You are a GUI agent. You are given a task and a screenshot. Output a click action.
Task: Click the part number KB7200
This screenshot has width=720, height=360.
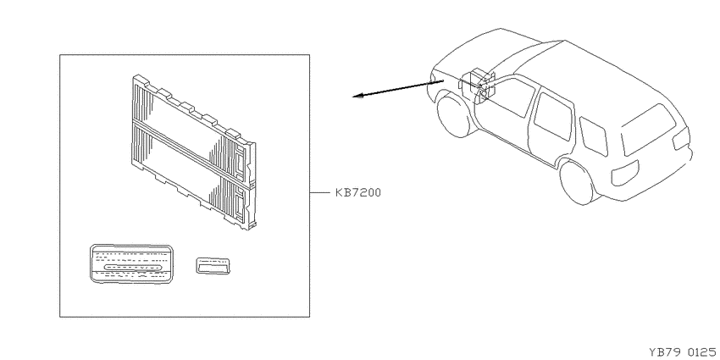358,193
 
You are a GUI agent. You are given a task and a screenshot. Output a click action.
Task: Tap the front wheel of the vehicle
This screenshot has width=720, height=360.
454,115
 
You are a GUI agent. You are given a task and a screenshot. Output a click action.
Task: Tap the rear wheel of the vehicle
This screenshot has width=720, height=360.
577,181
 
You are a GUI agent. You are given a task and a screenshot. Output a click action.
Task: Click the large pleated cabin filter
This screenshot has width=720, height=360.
194,152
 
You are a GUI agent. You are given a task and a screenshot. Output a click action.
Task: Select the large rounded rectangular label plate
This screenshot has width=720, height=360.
132,263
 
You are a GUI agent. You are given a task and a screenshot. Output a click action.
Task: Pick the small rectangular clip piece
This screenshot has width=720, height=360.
213,265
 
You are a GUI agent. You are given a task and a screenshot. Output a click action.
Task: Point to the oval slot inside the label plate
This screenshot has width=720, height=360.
133,268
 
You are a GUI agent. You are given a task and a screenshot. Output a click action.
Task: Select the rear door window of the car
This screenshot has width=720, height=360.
554,117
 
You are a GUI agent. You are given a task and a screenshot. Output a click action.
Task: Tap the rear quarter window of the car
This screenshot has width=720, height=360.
593,136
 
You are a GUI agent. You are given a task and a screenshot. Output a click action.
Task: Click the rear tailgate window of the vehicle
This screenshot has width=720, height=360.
648,130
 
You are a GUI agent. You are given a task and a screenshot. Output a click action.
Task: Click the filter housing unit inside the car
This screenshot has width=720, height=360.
478,85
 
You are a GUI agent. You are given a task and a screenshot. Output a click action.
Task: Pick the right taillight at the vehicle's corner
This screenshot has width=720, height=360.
681,139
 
